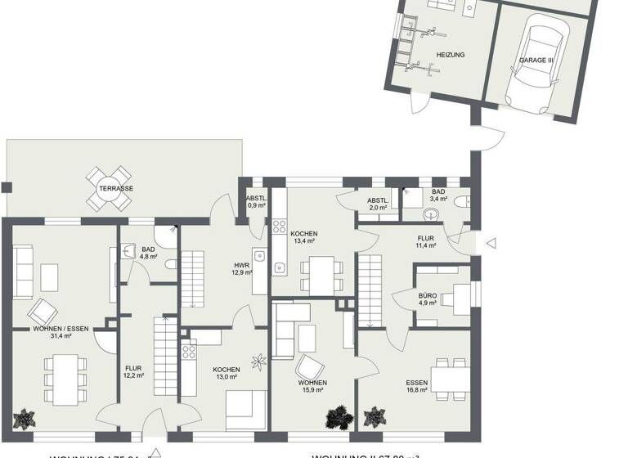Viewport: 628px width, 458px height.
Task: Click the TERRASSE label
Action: coord(116,188)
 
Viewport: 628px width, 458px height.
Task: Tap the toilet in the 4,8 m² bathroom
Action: coord(169,264)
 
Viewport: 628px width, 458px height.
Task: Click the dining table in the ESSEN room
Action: coord(449,376)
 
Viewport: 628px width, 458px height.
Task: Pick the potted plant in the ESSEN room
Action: coord(376,415)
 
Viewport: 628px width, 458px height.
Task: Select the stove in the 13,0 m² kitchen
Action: coord(189,352)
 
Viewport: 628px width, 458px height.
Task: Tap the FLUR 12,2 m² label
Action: coord(133,371)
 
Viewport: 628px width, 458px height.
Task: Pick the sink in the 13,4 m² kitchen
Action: coord(279,266)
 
